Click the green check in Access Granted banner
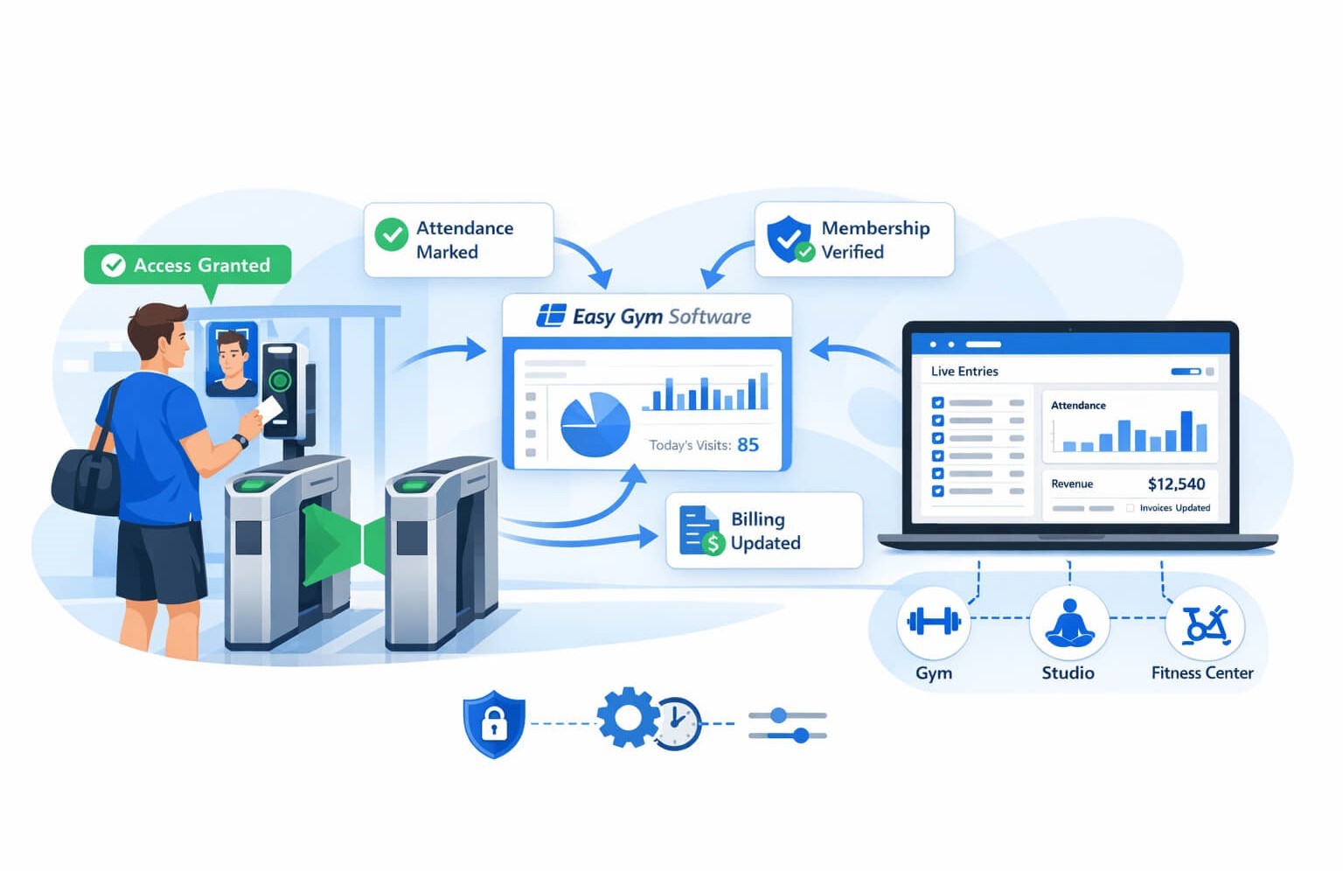(114, 265)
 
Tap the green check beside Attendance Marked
(391, 235)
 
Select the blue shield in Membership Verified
(788, 237)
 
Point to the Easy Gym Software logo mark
(551, 316)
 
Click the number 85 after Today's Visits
(748, 445)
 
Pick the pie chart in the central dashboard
(595, 424)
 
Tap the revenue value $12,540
(1176, 484)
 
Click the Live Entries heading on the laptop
(964, 372)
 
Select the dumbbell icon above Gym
(934, 622)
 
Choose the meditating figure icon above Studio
(1069, 623)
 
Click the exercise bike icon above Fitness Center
(1205, 624)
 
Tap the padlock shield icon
(494, 723)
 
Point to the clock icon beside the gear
(678, 724)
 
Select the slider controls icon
(787, 725)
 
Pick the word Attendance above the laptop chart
(1078, 406)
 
